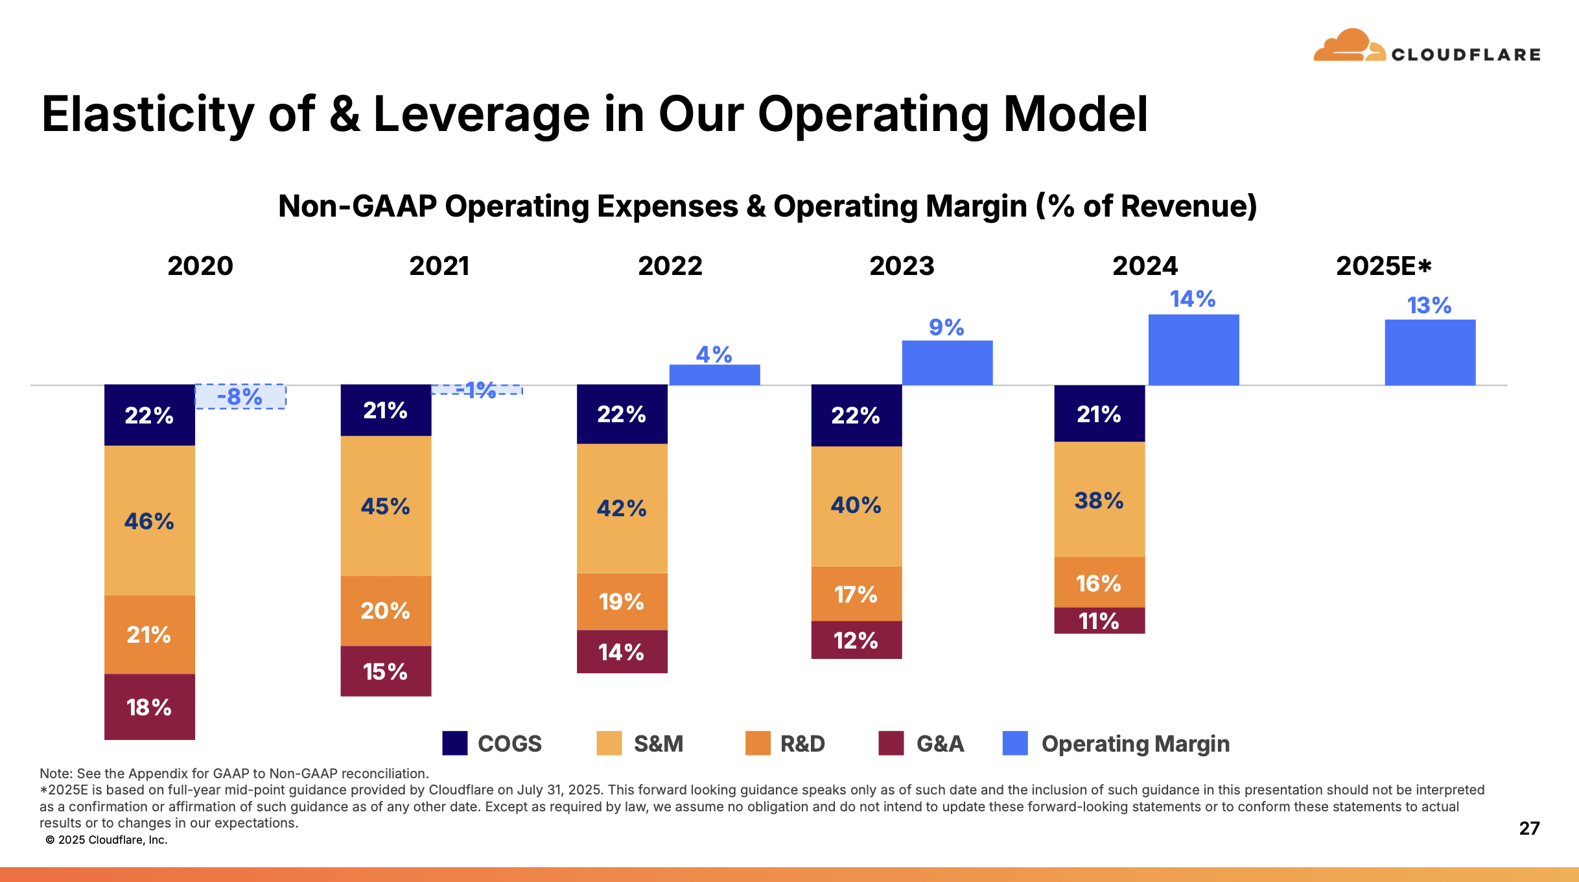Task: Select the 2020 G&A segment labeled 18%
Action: coord(149,707)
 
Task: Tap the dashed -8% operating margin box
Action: coord(240,396)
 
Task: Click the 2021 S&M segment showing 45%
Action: coord(386,506)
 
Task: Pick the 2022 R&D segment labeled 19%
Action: coord(622,601)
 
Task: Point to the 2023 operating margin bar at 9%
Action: coord(947,363)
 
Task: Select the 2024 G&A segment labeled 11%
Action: coord(1099,621)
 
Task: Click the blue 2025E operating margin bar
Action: coord(1430,353)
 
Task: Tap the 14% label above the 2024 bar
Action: coord(1192,299)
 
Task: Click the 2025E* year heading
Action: coord(1383,266)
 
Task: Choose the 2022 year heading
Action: coord(670,266)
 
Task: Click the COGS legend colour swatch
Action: coord(454,743)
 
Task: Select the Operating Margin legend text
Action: coord(1135,743)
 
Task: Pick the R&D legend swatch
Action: coord(758,743)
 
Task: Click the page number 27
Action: coord(1529,828)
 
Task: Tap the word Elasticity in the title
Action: coord(148,115)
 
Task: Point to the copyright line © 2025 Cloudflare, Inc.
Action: coord(107,840)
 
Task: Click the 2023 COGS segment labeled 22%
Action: coord(856,415)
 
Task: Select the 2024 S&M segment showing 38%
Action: coord(1099,500)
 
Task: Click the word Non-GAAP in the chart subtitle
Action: coord(357,206)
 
